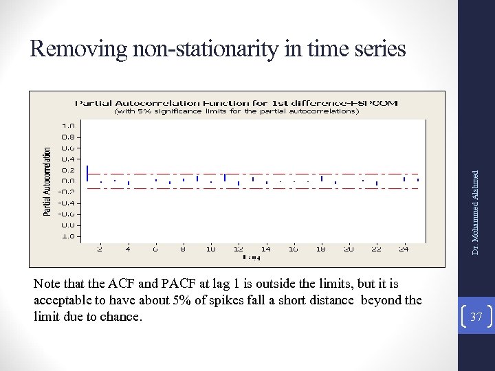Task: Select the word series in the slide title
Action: pyautogui.click(x=377, y=49)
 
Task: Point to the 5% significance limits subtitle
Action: pyautogui.click(x=236, y=111)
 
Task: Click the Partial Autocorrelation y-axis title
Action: pyautogui.click(x=47, y=181)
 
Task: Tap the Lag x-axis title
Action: pyautogui.click(x=251, y=258)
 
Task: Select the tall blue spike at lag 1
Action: pyautogui.click(x=87, y=173)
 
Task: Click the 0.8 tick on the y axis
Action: pyautogui.click(x=68, y=137)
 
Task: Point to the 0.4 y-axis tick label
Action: pyautogui.click(x=68, y=159)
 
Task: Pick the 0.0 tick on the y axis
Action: pyautogui.click(x=68, y=181)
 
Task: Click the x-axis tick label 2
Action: pyautogui.click(x=100, y=249)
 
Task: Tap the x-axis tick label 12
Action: pyautogui.click(x=238, y=249)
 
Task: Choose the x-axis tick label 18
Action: pyautogui.click(x=321, y=249)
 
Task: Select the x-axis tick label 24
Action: pyautogui.click(x=404, y=249)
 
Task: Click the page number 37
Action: pyautogui.click(x=476, y=315)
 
